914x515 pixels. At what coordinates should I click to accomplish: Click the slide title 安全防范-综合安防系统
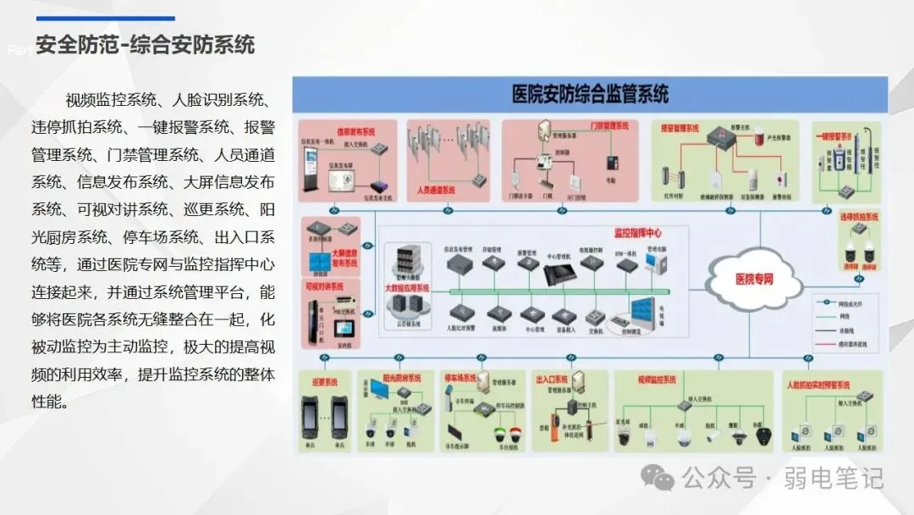(146, 44)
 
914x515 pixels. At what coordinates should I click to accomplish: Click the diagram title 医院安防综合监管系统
(590, 94)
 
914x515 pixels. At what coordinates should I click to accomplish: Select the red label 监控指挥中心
(643, 231)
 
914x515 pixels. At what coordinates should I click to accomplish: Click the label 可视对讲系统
(323, 286)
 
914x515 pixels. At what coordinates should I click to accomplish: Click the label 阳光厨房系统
(402, 378)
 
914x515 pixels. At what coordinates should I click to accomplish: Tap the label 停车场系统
(461, 378)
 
